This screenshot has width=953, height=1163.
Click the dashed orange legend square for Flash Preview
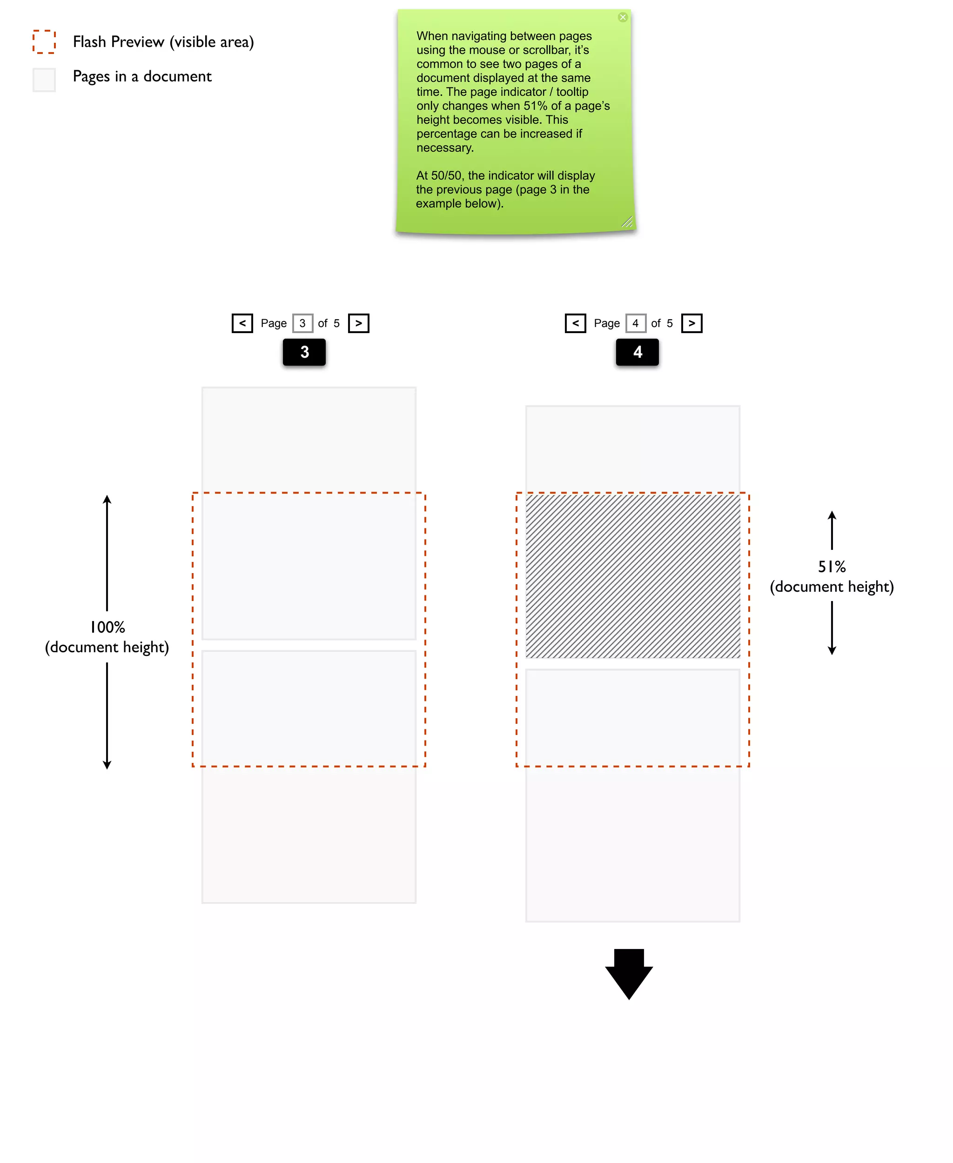point(44,42)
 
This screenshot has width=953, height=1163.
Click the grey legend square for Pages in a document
point(44,80)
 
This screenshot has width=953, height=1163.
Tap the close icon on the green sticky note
point(623,17)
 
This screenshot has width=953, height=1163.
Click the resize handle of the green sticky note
point(627,222)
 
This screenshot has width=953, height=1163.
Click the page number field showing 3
point(302,323)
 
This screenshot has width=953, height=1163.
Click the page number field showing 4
point(636,323)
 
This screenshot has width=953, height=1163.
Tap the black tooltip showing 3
point(304,352)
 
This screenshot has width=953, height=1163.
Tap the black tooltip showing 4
point(638,352)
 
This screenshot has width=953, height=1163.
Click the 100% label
point(107,627)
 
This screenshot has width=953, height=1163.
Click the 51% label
point(832,567)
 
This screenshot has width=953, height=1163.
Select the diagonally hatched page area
point(632,576)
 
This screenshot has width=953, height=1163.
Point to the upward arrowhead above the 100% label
point(107,500)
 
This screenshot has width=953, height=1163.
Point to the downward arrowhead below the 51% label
point(832,650)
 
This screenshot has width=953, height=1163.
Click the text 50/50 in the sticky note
point(446,176)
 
